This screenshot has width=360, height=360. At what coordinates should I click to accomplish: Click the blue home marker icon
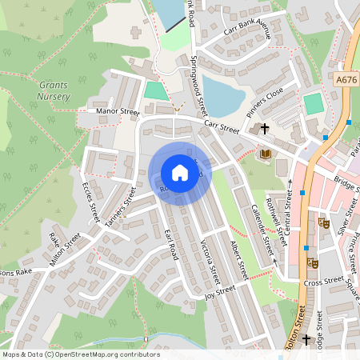[x=179, y=173]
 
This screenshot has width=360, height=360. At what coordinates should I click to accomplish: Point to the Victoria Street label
[x=210, y=254]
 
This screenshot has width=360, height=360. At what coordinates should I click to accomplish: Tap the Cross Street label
[x=323, y=282]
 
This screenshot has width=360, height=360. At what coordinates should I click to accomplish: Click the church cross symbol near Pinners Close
[x=265, y=128]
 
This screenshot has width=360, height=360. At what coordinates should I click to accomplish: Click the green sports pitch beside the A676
[x=314, y=104]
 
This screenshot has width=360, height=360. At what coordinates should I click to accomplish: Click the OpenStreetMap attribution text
[x=81, y=354]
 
